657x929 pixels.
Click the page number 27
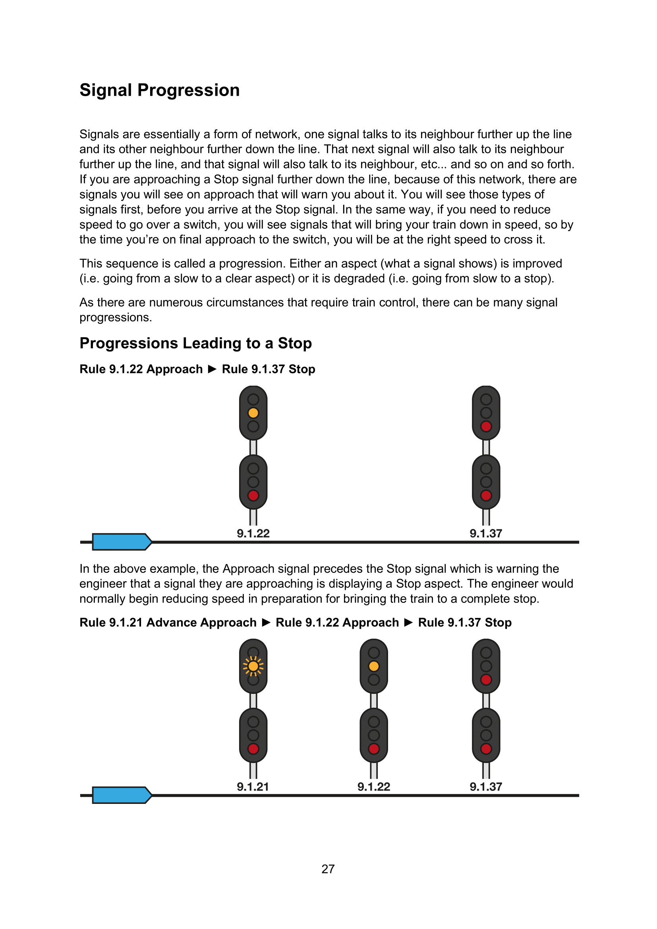pyautogui.click(x=328, y=869)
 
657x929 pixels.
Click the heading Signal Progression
pyautogui.click(x=159, y=90)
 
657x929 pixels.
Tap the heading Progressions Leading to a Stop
pyautogui.click(x=195, y=343)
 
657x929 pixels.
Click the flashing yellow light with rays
pyautogui.click(x=253, y=666)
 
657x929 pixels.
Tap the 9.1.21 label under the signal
pyautogui.click(x=253, y=786)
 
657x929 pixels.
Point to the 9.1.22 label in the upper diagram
pyautogui.click(x=253, y=533)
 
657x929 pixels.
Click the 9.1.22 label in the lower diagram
pyautogui.click(x=374, y=786)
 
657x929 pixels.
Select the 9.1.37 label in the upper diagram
pyautogui.click(x=486, y=533)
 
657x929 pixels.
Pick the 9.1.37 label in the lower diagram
pyautogui.click(x=486, y=786)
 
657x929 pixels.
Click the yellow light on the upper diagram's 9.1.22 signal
pyautogui.click(x=253, y=413)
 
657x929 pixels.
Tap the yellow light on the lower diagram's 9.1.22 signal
pyautogui.click(x=374, y=666)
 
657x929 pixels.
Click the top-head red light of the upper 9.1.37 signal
pyautogui.click(x=486, y=426)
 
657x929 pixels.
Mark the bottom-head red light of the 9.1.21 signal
pyautogui.click(x=253, y=749)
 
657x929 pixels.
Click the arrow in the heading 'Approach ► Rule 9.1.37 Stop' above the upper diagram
pyautogui.click(x=212, y=369)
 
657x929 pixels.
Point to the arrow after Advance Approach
pyautogui.click(x=266, y=622)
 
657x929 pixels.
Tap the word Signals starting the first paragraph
pyautogui.click(x=100, y=134)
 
